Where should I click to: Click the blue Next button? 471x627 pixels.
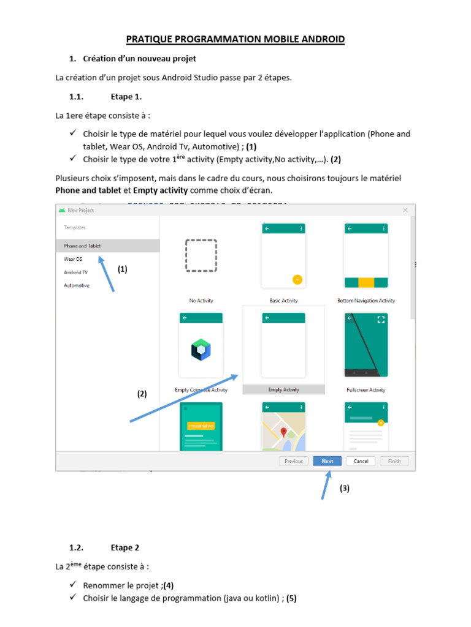pyautogui.click(x=327, y=461)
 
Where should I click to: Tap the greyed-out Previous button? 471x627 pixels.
pyautogui.click(x=294, y=461)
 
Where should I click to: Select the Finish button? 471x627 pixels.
pyautogui.click(x=394, y=461)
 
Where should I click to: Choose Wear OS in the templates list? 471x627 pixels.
pyautogui.click(x=73, y=259)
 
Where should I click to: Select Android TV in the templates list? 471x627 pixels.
pyautogui.click(x=75, y=272)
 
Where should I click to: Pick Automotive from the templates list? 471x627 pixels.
pyautogui.click(x=77, y=285)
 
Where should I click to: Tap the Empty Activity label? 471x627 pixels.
pyautogui.click(x=283, y=389)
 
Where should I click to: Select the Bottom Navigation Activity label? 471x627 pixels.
pyautogui.click(x=366, y=301)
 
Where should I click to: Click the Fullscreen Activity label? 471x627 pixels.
pyautogui.click(x=366, y=390)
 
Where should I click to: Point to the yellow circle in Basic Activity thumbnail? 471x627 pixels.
pyautogui.click(x=297, y=279)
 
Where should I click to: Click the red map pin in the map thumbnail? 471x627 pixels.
pyautogui.click(x=283, y=432)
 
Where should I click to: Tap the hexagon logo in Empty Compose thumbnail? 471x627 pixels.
pyautogui.click(x=201, y=350)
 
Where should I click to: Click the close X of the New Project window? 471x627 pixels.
pyautogui.click(x=405, y=210)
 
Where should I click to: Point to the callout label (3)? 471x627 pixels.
pyautogui.click(x=345, y=488)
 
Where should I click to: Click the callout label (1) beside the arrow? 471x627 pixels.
pyautogui.click(x=122, y=269)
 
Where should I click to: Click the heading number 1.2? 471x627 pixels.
pyautogui.click(x=76, y=547)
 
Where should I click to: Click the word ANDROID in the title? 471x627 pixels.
pyautogui.click(x=323, y=39)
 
